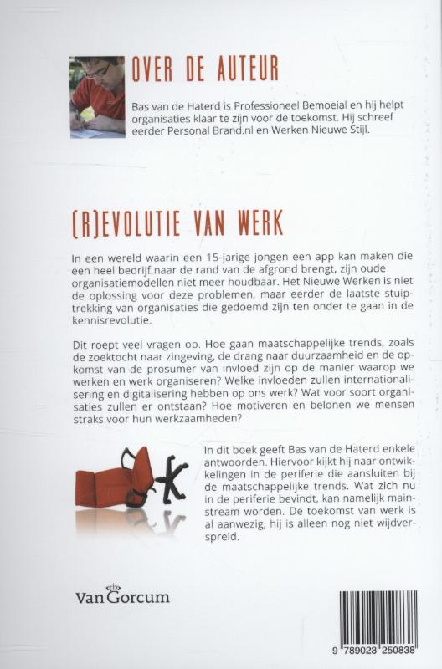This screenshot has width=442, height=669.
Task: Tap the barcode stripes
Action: (378, 619)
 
